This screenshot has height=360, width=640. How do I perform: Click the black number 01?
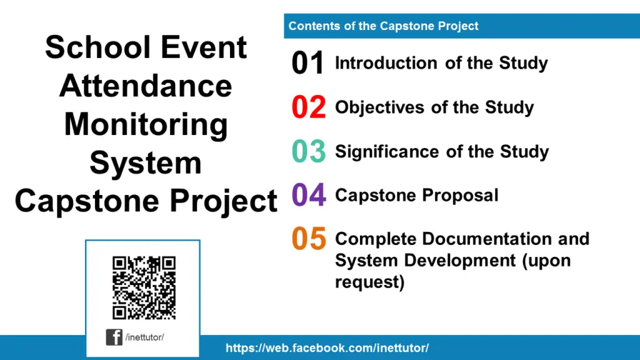click(x=308, y=64)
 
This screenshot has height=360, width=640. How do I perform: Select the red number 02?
click(x=309, y=107)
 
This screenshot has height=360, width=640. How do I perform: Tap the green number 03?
click(x=309, y=152)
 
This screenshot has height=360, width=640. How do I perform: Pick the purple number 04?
click(x=309, y=196)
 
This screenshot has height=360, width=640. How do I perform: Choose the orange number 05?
click(x=309, y=239)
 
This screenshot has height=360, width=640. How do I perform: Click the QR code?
click(x=144, y=287)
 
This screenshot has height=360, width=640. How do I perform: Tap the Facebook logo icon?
click(x=114, y=337)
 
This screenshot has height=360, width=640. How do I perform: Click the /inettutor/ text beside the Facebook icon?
click(x=144, y=337)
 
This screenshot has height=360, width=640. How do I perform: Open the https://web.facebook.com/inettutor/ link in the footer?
click(x=327, y=348)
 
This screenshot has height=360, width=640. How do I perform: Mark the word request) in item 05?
click(x=369, y=282)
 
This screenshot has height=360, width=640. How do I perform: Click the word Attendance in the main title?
click(x=146, y=86)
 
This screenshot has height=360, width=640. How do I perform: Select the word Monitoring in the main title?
click(x=146, y=124)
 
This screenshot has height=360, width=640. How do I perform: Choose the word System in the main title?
click(x=146, y=162)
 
